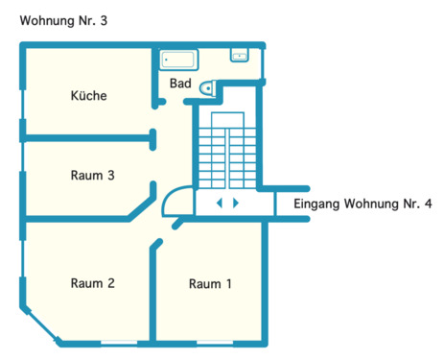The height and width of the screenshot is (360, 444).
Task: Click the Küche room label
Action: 88,96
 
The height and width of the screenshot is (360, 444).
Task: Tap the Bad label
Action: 180,84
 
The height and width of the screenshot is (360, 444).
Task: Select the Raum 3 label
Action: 93,176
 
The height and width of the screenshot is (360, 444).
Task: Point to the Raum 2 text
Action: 93,283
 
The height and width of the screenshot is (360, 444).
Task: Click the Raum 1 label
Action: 210,284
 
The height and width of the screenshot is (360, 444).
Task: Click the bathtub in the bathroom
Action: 177,60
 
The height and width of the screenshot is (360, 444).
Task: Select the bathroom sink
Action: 240,56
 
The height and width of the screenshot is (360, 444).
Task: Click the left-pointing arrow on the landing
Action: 219,204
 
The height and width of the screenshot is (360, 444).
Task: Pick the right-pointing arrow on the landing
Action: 236,204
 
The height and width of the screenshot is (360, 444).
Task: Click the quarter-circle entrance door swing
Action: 175,202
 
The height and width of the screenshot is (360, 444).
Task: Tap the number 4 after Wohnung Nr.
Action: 428,204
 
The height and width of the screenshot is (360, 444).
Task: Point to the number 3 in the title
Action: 103,19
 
